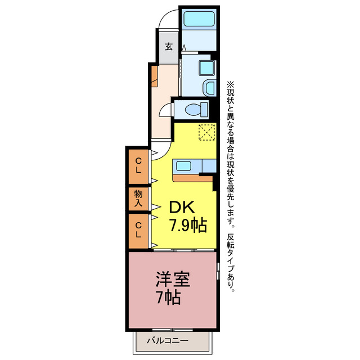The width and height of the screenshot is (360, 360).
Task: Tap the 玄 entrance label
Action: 168,46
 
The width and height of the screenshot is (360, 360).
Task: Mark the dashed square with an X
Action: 207,132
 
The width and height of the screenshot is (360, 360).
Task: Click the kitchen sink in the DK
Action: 186,166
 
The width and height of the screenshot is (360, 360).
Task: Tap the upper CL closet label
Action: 138,165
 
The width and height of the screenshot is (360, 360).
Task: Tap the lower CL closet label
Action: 138,231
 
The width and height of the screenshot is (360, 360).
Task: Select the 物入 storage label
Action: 138,197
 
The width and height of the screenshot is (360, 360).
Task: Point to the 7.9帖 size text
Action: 187,226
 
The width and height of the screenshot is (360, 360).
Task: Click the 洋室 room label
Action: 172,280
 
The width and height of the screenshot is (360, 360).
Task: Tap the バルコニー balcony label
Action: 168,341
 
